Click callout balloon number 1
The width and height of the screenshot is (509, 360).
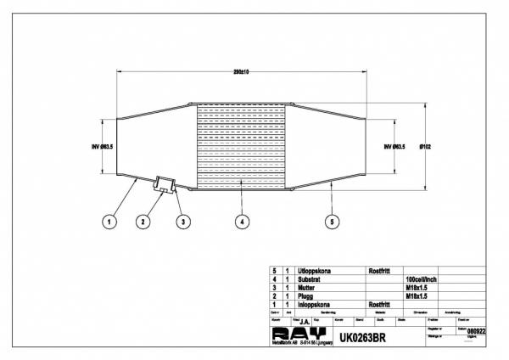pos(109,222)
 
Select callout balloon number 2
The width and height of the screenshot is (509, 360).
pos(143,222)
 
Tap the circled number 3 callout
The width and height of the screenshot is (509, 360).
pos(181,222)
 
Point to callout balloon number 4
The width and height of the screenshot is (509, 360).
pos(242,222)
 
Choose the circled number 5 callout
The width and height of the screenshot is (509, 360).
pos(332,222)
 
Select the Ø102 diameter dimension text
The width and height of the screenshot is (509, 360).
pos(429,146)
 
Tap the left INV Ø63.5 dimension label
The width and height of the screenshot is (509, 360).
pos(102,146)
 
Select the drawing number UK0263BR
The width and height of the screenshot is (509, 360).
pos(364,335)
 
